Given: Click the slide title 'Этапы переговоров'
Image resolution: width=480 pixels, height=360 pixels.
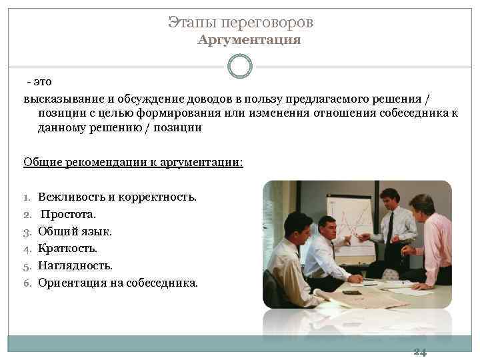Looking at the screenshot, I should point(240,23).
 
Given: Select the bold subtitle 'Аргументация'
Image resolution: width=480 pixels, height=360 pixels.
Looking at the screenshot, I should point(249,41).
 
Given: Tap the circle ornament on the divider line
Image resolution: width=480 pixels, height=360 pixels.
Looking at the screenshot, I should point(240,67).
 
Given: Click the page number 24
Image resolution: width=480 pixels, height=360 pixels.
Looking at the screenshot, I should point(419,352).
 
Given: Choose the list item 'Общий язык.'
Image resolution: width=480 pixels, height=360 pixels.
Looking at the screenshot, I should point(75,231).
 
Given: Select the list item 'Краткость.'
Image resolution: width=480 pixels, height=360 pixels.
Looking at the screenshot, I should point(67,248).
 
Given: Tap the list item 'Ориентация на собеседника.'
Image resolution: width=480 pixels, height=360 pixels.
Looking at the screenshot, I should point(118,282).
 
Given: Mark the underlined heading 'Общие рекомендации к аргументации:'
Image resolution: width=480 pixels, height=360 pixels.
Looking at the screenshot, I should point(133,162).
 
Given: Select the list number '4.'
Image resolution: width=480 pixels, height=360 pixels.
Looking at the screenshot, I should point(28,248).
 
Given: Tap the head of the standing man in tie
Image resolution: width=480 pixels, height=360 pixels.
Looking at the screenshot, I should point(389,197).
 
